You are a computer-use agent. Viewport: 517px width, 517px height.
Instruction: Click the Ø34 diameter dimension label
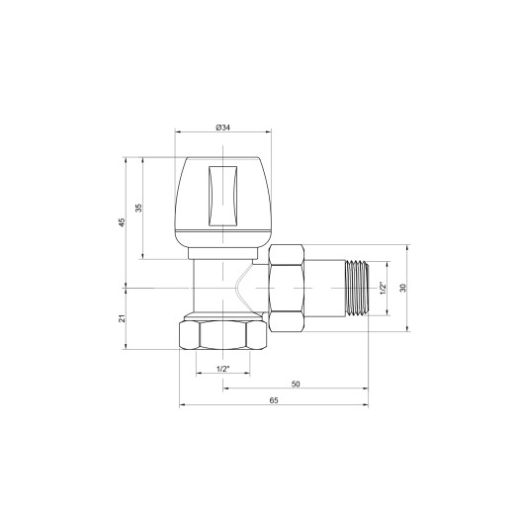pyautogui.click(x=222, y=128)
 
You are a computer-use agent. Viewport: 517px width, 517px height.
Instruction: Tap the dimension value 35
pyautogui.click(x=139, y=208)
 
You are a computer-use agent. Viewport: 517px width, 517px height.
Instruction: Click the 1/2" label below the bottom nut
pyautogui.click(x=222, y=369)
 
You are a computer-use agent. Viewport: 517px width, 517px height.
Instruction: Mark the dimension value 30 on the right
pyautogui.click(x=403, y=288)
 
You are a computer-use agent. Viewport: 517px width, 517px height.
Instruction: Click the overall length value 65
pyautogui.click(x=274, y=399)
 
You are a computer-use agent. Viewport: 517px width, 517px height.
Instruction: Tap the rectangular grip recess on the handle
pyautogui.click(x=222, y=194)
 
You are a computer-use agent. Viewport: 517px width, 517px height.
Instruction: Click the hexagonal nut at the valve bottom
pyautogui.click(x=222, y=335)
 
